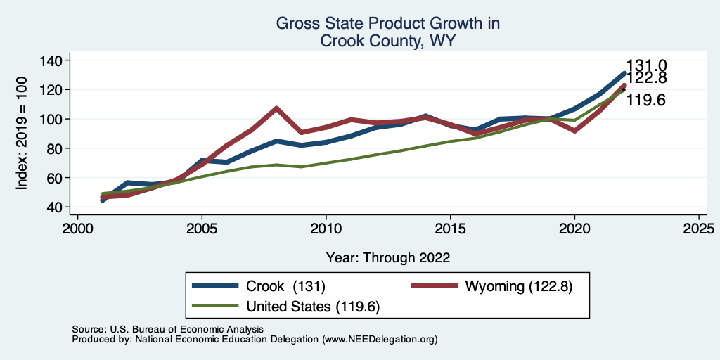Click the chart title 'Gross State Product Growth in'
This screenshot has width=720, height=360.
click(x=387, y=23)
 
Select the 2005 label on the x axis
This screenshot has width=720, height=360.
click(x=202, y=229)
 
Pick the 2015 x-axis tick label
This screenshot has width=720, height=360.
click(x=450, y=229)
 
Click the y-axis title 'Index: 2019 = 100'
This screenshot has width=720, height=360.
click(x=22, y=134)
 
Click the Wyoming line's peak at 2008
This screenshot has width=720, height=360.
click(x=276, y=108)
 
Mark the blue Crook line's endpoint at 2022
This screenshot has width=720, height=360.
click(x=624, y=73)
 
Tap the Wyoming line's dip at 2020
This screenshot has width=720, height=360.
click(x=574, y=131)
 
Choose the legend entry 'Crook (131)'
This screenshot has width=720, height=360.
click(x=285, y=286)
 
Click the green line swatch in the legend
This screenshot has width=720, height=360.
click(x=215, y=306)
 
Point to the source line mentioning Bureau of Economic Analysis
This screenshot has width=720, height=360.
click(x=167, y=329)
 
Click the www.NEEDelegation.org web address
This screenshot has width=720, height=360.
click(x=381, y=339)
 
